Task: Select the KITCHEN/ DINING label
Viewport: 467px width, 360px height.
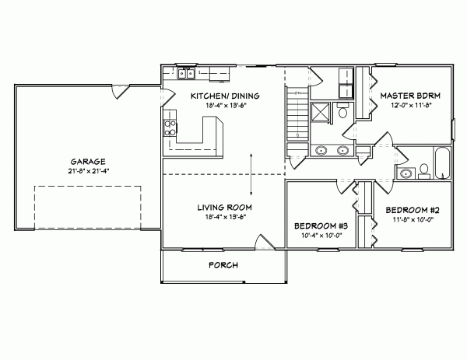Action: point(226,96)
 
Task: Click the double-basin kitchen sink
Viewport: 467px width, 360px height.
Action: point(186,75)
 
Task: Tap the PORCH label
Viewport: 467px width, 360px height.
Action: point(223,265)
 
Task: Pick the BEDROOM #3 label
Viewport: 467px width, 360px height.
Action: point(318,225)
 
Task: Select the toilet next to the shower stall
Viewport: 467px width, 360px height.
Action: point(343,114)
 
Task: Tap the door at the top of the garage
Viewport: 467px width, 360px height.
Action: point(116,92)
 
